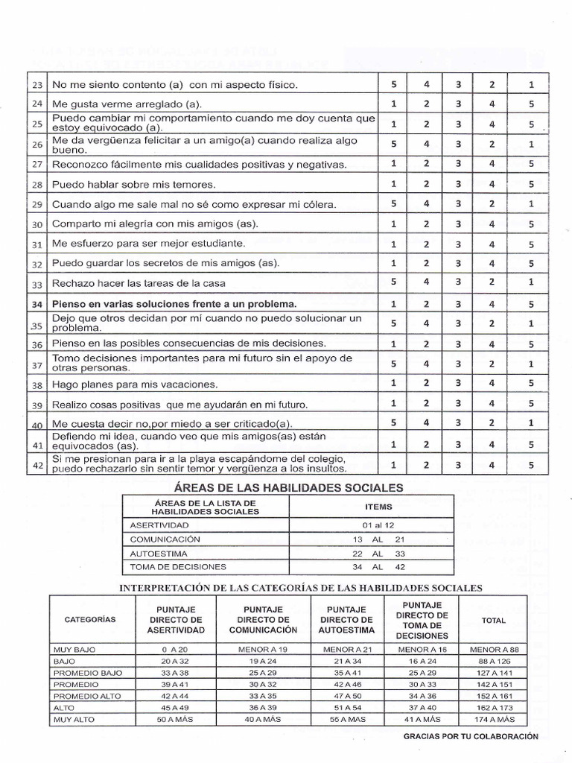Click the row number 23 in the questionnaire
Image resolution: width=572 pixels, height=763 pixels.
[x=38, y=85]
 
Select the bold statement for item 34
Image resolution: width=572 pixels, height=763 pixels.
[x=174, y=303]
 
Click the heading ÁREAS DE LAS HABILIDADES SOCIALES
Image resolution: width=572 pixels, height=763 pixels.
[x=288, y=488]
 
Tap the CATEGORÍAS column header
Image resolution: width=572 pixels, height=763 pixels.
[x=90, y=619]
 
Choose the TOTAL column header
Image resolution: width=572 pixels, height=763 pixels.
[x=494, y=620]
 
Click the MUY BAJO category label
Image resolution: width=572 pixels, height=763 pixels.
[x=74, y=649]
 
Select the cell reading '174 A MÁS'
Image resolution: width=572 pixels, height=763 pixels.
[x=494, y=720]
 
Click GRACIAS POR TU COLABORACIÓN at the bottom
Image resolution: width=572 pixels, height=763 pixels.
[x=471, y=735]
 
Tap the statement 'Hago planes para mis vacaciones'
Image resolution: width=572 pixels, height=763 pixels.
[x=134, y=385]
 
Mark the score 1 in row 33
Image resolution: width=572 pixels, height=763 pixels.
[x=531, y=282]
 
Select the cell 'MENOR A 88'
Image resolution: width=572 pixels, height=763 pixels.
[x=494, y=649]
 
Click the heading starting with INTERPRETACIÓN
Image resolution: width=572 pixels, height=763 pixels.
[x=301, y=588]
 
